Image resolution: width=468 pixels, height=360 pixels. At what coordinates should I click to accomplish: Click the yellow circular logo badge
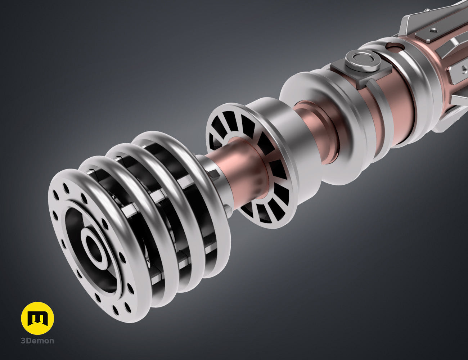37,318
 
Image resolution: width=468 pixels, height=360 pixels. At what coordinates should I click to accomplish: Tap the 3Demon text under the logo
37,341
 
